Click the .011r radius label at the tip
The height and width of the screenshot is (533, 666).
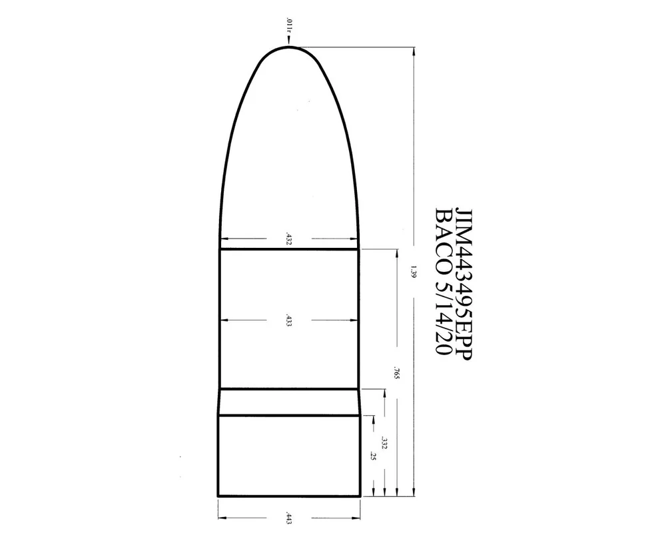tap(288, 25)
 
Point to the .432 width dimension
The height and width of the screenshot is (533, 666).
tap(289, 239)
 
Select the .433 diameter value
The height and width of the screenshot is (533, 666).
tap(289, 320)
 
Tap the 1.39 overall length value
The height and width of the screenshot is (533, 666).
tap(414, 272)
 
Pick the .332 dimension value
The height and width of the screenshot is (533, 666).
tap(384, 442)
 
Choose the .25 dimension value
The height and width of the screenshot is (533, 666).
tap(374, 456)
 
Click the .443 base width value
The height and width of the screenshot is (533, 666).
tap(289, 518)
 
